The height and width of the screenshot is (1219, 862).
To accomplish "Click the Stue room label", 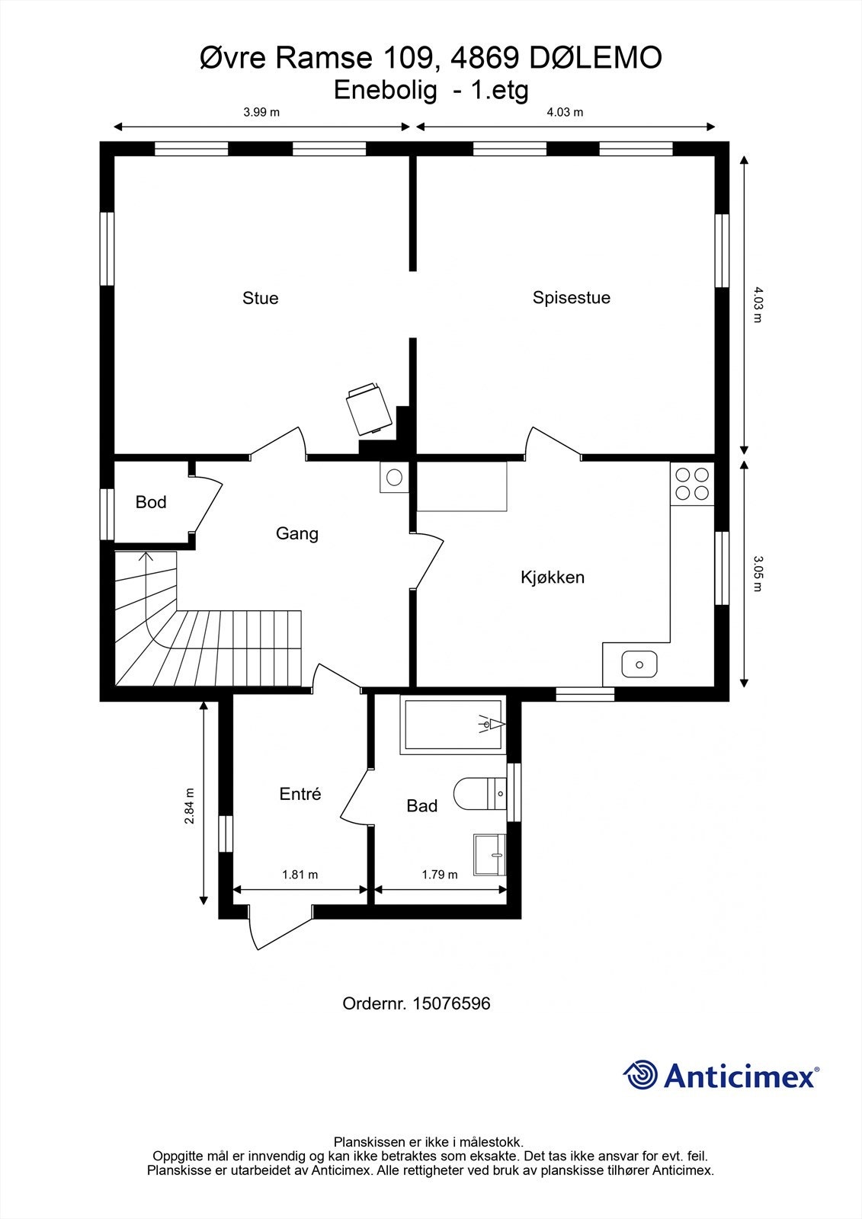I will pos(260,298).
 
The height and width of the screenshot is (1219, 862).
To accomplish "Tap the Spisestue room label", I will pos(571,297).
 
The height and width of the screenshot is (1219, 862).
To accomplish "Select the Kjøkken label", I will pos(552,577).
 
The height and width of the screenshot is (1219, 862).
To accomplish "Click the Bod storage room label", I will pos(151,502).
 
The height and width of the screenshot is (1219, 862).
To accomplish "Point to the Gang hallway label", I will pos(296,533).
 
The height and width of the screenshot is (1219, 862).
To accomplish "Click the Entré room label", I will pos(300,794).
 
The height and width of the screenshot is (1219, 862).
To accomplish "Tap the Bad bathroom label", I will pos(421,805).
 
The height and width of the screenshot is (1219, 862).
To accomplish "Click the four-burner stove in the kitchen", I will pos(692,483).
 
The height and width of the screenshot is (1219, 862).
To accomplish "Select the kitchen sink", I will pos(639,664).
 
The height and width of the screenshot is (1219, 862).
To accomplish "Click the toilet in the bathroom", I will pos(479,794).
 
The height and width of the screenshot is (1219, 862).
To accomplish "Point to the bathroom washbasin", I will pos(489,854).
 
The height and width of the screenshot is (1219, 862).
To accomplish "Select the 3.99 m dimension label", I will pos(261,112).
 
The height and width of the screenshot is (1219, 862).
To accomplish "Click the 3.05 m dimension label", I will pos(758,573).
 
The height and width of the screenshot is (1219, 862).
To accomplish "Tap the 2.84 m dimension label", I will pos(189,805).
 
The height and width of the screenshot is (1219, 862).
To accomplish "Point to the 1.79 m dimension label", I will pos(440,875).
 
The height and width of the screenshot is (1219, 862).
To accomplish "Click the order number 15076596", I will pos(451,1003).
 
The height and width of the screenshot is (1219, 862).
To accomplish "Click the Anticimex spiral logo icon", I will pos(640,1075).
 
